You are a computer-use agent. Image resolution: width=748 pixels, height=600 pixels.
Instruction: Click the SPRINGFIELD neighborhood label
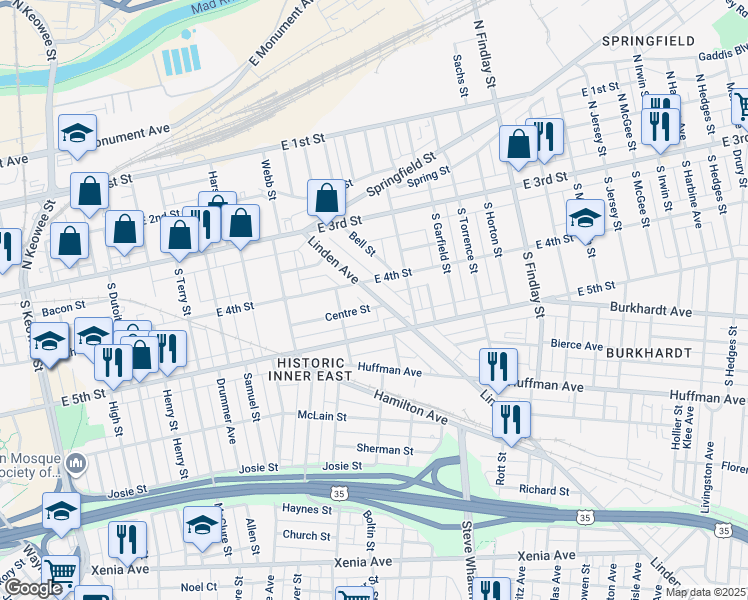(648, 41)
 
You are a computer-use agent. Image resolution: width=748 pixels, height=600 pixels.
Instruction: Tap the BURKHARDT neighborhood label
(649, 354)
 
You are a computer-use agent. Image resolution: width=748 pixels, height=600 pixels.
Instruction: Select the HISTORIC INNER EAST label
(311, 369)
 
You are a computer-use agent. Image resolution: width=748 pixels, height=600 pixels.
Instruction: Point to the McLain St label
(321, 415)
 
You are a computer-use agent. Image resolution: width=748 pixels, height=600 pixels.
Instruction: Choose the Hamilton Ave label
(411, 407)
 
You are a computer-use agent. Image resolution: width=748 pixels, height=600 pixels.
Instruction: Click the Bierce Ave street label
(577, 346)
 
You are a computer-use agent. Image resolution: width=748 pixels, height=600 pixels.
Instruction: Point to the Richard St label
(544, 490)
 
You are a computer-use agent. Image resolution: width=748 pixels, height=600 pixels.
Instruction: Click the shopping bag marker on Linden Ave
(326, 198)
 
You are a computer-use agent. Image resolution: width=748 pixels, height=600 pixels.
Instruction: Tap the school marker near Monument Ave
(77, 133)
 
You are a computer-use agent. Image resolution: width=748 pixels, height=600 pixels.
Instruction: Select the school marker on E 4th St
(585, 217)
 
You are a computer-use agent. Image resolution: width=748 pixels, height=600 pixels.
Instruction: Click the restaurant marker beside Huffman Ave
(497, 366)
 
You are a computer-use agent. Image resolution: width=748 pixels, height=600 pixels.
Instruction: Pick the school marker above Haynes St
(201, 523)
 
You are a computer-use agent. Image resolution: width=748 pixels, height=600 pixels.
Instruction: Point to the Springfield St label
(401, 171)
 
